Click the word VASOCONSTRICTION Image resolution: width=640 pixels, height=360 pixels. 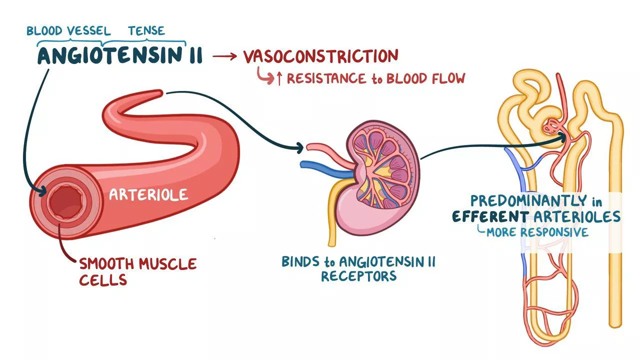(x=320, y=56)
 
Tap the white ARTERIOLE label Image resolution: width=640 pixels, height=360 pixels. (x=148, y=195)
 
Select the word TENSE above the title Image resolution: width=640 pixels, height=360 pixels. (x=146, y=31)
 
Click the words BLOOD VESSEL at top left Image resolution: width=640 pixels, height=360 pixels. (x=68, y=31)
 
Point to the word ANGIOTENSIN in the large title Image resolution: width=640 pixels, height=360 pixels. (x=110, y=55)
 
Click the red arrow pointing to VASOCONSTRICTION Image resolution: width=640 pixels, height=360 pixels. (x=224, y=56)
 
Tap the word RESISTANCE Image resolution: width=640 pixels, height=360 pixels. (x=326, y=78)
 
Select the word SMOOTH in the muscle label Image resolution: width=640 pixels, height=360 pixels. (x=106, y=263)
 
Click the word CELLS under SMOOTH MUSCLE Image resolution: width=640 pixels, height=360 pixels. (x=103, y=279)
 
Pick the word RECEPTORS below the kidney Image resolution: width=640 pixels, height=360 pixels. (x=359, y=276)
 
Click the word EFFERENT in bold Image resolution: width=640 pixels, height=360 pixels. (x=490, y=216)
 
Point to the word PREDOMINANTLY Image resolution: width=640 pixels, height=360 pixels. (x=528, y=201)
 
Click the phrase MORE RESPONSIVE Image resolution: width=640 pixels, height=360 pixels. (x=537, y=232)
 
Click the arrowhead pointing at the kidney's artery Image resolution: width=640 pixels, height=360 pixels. (x=300, y=147)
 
